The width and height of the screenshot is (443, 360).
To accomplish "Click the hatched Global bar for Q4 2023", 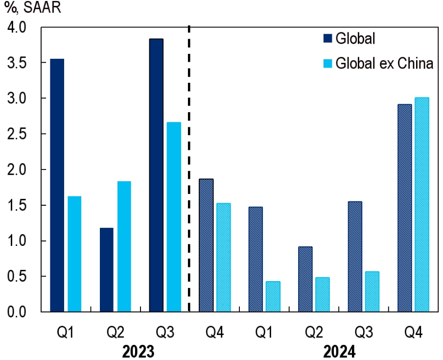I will pos(206,245).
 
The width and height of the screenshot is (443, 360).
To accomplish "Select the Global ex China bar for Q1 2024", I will pos(273,296).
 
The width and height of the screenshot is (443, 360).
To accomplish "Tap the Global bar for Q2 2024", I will pos(305,279).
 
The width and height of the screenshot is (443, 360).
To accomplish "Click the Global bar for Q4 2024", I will pos(404,208).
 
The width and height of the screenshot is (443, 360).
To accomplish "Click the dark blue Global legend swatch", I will pos(327,39).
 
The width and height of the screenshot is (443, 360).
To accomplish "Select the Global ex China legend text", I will pos(384,64).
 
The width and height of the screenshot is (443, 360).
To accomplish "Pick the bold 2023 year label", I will pos(138,351).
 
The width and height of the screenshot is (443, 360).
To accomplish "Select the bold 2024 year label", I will pos(338,351).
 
